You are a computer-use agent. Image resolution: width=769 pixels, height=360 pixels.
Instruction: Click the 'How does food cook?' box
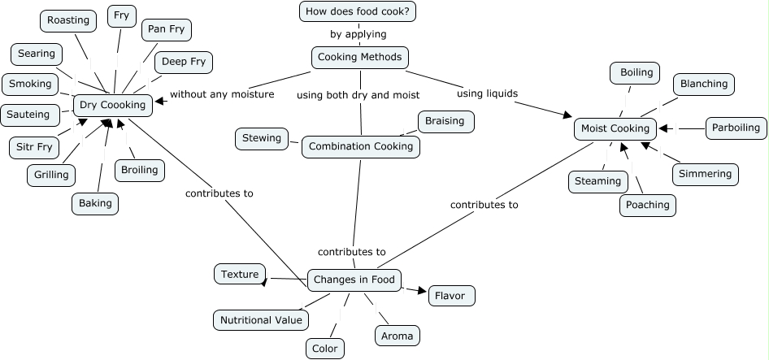coord(358,11)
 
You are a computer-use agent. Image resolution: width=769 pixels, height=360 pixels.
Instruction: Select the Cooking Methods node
coord(359,58)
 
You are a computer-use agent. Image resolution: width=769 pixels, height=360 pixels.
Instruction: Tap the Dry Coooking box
coord(112,105)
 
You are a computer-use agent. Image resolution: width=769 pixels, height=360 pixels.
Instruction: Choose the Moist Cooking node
coord(615,128)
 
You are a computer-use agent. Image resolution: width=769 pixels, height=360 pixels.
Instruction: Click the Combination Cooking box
coord(360,147)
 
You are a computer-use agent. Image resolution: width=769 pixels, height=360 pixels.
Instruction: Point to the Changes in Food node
coord(354,280)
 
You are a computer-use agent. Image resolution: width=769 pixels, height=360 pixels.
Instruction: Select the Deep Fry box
coord(183,62)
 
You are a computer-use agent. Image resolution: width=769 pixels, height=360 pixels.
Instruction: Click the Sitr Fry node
coord(34,148)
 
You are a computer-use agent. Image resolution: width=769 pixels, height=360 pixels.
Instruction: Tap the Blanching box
coord(704,84)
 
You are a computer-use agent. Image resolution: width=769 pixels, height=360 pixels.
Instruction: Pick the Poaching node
coord(648,205)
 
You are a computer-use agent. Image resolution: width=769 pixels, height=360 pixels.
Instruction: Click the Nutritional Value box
coord(261,320)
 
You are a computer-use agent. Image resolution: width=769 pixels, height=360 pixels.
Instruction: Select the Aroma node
coord(397,336)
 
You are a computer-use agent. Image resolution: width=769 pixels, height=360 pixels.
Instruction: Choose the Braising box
coord(445,121)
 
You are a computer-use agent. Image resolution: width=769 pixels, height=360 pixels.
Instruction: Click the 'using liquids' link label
coord(487,93)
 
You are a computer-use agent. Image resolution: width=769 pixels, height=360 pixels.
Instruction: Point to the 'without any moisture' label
coord(221,94)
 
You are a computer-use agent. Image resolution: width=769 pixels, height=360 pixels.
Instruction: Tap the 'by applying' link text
coord(358,35)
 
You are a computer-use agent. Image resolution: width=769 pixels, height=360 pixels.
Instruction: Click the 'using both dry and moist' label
coord(358,95)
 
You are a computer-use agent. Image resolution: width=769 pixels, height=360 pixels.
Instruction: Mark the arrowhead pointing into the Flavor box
coord(422,291)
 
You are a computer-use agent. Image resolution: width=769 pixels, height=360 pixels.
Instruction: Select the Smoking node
coord(30,84)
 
